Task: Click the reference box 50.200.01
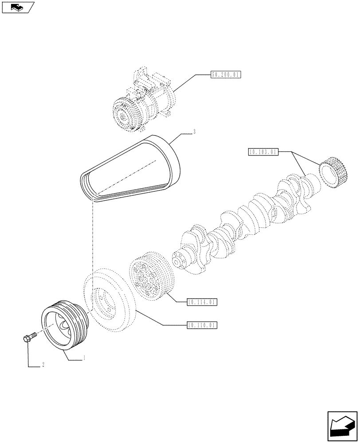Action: [x=225, y=75]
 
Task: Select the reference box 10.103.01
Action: [x=263, y=152]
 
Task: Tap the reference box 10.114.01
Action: [x=202, y=302]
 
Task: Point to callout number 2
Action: [x=43, y=366]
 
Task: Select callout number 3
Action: [x=194, y=132]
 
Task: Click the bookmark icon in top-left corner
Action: [x=18, y=7]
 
